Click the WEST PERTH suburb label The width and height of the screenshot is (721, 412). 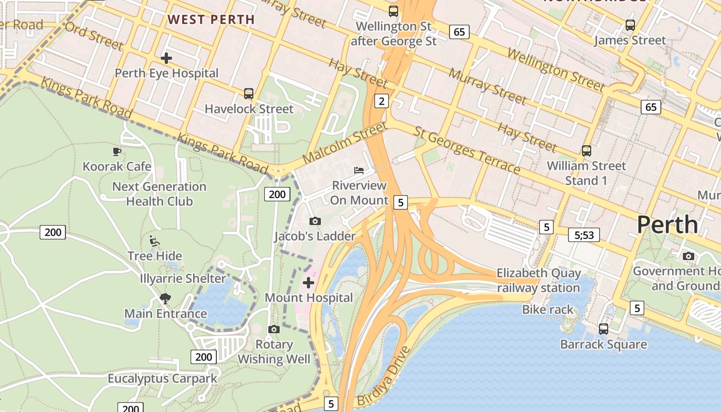pyautogui.click(x=211, y=20)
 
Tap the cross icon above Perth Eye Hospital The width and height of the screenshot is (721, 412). pyautogui.click(x=166, y=58)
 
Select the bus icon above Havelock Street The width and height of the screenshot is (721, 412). pyautogui.click(x=249, y=94)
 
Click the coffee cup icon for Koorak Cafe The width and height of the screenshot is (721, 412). pyautogui.click(x=117, y=151)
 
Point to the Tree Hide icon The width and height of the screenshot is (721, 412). pyautogui.click(x=154, y=241)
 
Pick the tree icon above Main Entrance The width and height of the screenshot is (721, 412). pyautogui.click(x=165, y=298)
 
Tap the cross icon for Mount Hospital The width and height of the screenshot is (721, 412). pyautogui.click(x=308, y=283)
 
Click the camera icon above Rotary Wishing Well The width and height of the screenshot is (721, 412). pyautogui.click(x=274, y=329)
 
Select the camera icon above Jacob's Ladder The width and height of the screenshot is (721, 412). pyautogui.click(x=315, y=221)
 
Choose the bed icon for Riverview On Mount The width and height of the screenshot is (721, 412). pyautogui.click(x=359, y=170)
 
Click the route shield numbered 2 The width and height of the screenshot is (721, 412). pyautogui.click(x=381, y=101)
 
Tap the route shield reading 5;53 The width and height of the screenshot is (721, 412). pyautogui.click(x=584, y=235)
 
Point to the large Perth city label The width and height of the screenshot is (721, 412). pyautogui.click(x=667, y=225)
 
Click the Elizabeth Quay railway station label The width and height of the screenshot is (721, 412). pyautogui.click(x=538, y=280)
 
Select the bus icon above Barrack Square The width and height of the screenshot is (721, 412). pyautogui.click(x=603, y=329)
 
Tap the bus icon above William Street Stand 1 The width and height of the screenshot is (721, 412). pyautogui.click(x=586, y=150)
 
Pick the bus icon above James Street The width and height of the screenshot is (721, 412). pyautogui.click(x=630, y=25)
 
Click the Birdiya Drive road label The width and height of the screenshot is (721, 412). pyautogui.click(x=384, y=376)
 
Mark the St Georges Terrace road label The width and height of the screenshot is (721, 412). pyautogui.click(x=467, y=150)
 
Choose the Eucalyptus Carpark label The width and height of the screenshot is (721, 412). pyautogui.click(x=162, y=379)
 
